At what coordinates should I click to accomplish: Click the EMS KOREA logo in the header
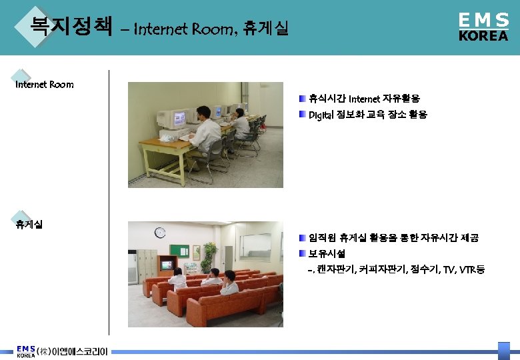483,27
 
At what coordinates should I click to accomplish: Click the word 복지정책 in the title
71,26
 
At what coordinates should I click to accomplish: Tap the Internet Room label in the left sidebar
45,85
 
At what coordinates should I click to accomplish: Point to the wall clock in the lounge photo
160,232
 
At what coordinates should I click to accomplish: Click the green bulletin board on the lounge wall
179,251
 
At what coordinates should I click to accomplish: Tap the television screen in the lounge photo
167,265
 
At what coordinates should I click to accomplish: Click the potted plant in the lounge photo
209,254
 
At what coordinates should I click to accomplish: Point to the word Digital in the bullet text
321,115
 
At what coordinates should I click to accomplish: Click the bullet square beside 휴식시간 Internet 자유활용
303,99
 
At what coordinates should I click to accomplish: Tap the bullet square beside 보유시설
303,253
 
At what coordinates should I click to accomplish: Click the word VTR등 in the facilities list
471,269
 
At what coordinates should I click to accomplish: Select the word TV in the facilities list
450,269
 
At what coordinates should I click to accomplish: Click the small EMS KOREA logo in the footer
26,351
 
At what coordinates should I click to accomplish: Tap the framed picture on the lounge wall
255,237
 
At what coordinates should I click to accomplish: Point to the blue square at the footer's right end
504,351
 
